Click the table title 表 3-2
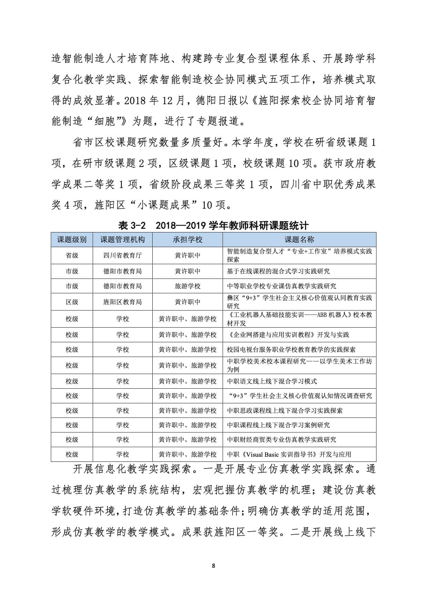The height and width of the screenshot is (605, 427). click(132, 226)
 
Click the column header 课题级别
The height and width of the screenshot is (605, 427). click(72, 240)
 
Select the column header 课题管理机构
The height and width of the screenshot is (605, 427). click(122, 240)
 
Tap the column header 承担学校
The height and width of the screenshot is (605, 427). click(187, 240)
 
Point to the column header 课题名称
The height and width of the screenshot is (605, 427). click(299, 240)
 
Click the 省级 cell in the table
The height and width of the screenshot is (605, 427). click(72, 256)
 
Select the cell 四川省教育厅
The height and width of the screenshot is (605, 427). click(122, 256)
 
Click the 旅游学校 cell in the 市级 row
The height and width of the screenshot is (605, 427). click(187, 286)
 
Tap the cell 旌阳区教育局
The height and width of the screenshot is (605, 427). click(122, 302)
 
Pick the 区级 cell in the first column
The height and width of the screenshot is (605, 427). click(72, 302)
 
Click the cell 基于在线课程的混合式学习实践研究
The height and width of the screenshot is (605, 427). click(278, 271)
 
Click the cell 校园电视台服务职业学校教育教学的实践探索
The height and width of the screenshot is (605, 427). click(291, 349)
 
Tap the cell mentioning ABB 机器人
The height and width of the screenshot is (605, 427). click(299, 319)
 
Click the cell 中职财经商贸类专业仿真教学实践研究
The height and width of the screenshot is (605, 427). click(282, 439)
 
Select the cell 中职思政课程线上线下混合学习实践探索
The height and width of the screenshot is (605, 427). click(285, 410)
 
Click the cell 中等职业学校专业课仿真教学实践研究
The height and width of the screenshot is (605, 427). click(282, 286)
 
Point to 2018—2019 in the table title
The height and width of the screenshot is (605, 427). click(181, 226)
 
